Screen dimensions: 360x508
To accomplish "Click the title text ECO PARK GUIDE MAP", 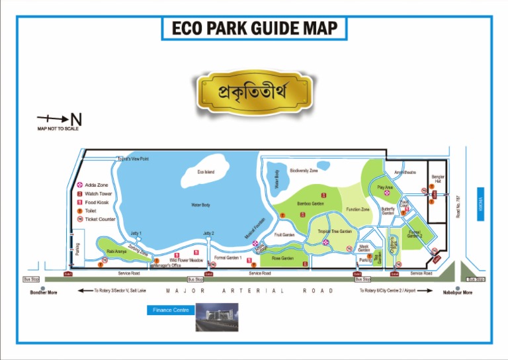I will [x=255, y=28].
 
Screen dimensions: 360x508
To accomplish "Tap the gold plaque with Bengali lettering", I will [x=255, y=92].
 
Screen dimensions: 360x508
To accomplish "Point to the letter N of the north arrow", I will [x=76, y=120].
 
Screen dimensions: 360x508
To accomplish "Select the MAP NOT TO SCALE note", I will [x=58, y=128].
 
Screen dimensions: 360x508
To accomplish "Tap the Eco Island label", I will [x=206, y=172].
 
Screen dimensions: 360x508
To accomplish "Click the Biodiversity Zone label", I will [x=304, y=171].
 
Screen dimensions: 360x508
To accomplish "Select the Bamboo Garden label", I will [x=310, y=204].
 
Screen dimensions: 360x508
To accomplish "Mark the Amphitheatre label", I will [x=405, y=173].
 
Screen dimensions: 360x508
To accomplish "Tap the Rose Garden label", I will [x=282, y=258].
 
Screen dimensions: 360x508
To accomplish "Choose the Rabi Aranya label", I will [x=116, y=251].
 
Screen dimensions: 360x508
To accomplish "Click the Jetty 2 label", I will [x=208, y=233].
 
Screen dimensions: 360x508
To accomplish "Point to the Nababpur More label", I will [x=458, y=292].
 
